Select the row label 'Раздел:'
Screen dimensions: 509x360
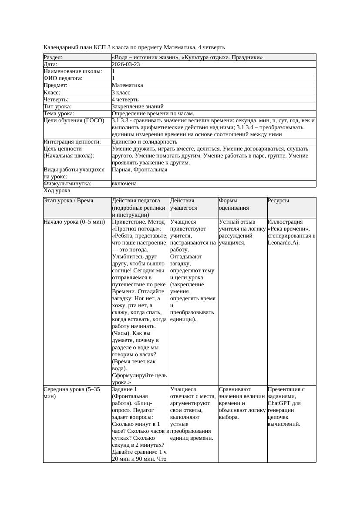[53, 57]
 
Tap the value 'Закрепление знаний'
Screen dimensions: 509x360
[138, 106]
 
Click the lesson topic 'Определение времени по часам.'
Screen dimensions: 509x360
[153, 113]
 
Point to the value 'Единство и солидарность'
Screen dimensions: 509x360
[145, 141]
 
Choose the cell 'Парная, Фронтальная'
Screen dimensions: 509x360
[139, 169]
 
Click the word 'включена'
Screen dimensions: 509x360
[124, 184]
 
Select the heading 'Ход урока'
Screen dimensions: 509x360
[57, 191]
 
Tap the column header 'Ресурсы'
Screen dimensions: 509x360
[279, 201]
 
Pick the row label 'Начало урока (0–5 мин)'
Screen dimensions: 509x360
[74, 222]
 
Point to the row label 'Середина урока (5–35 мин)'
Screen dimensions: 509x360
[72, 393]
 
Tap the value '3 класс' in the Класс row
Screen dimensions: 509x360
[121, 92]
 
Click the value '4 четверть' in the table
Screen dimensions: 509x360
[125, 99]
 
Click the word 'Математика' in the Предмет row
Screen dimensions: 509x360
[127, 85]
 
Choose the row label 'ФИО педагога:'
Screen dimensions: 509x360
[63, 78]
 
